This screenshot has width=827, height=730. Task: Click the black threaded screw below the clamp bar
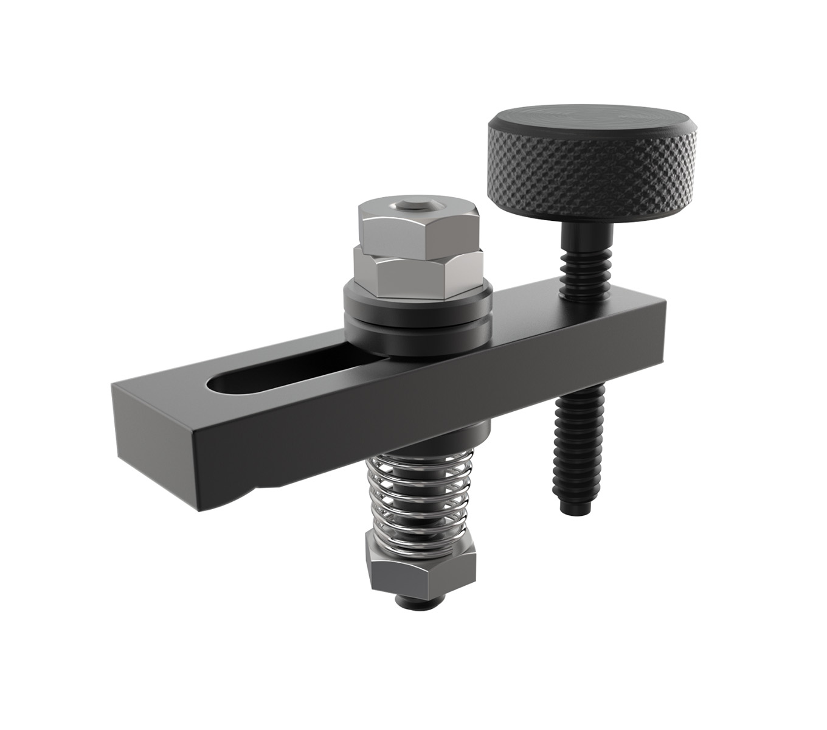580,444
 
